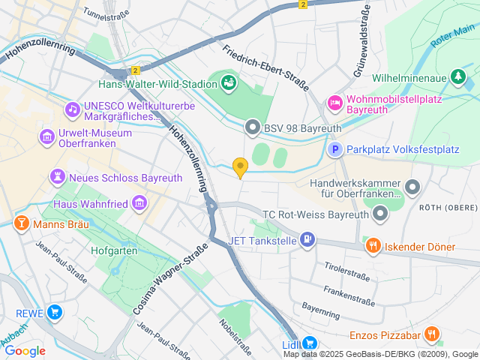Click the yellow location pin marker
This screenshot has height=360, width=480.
pos(240,167)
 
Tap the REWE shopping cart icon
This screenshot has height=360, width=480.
pos(54,313)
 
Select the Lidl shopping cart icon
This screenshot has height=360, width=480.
pos(310,343)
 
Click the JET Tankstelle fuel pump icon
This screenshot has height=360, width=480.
pos(307,240)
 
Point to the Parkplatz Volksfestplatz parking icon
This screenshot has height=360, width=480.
pos(337,150)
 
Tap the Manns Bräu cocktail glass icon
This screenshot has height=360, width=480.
pos(21,223)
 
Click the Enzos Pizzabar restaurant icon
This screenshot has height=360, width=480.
pos(431,334)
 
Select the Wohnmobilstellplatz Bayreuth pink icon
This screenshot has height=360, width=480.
pos(335,102)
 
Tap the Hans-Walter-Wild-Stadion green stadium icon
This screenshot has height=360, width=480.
pos(229,81)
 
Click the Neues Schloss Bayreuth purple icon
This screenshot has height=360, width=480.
pos(56,177)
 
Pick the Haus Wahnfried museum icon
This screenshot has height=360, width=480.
pos(139,203)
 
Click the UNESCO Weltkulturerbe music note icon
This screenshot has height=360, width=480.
pos(72,109)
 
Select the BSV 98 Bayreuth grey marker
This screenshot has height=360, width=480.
pos(252,128)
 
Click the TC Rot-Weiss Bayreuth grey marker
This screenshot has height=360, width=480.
pos(381,214)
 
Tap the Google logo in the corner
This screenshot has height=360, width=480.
pos(25,350)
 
